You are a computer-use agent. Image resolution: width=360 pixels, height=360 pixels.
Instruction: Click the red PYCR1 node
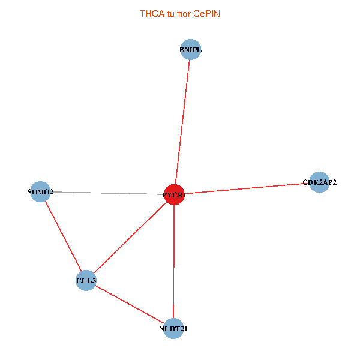174,194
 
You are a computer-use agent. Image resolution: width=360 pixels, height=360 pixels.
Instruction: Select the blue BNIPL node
190,49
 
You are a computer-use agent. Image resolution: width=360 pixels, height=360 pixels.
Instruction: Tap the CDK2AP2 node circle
319,182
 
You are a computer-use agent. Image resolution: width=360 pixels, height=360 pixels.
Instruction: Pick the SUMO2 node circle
40,192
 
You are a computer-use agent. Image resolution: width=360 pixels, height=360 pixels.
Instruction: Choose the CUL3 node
86,280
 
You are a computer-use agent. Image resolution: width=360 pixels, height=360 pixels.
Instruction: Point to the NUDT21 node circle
173,329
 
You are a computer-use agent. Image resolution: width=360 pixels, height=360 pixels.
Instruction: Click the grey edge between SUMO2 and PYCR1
107,193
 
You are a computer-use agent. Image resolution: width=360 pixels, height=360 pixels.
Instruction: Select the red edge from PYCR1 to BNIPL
182,122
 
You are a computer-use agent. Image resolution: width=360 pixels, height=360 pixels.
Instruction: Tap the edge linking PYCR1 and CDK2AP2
247,188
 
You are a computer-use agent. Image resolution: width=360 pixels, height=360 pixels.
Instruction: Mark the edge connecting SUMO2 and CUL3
63,236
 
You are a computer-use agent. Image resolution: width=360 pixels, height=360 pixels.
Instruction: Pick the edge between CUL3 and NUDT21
130,304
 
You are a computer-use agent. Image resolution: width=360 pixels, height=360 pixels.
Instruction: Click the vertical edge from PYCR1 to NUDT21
174,262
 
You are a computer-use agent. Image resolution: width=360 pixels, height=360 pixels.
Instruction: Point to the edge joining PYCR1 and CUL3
130,238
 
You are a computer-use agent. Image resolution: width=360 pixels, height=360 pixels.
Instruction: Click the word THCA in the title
152,14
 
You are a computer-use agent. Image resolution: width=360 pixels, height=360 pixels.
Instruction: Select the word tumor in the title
179,14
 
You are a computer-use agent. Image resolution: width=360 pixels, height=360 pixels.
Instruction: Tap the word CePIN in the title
206,14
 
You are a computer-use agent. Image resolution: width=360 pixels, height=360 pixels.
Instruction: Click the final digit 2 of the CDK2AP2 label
334,182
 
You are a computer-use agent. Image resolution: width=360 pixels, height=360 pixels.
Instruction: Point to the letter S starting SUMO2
29,192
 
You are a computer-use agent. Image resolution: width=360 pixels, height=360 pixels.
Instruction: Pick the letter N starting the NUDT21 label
161,329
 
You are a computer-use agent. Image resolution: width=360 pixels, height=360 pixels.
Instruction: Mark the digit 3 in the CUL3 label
94,281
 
